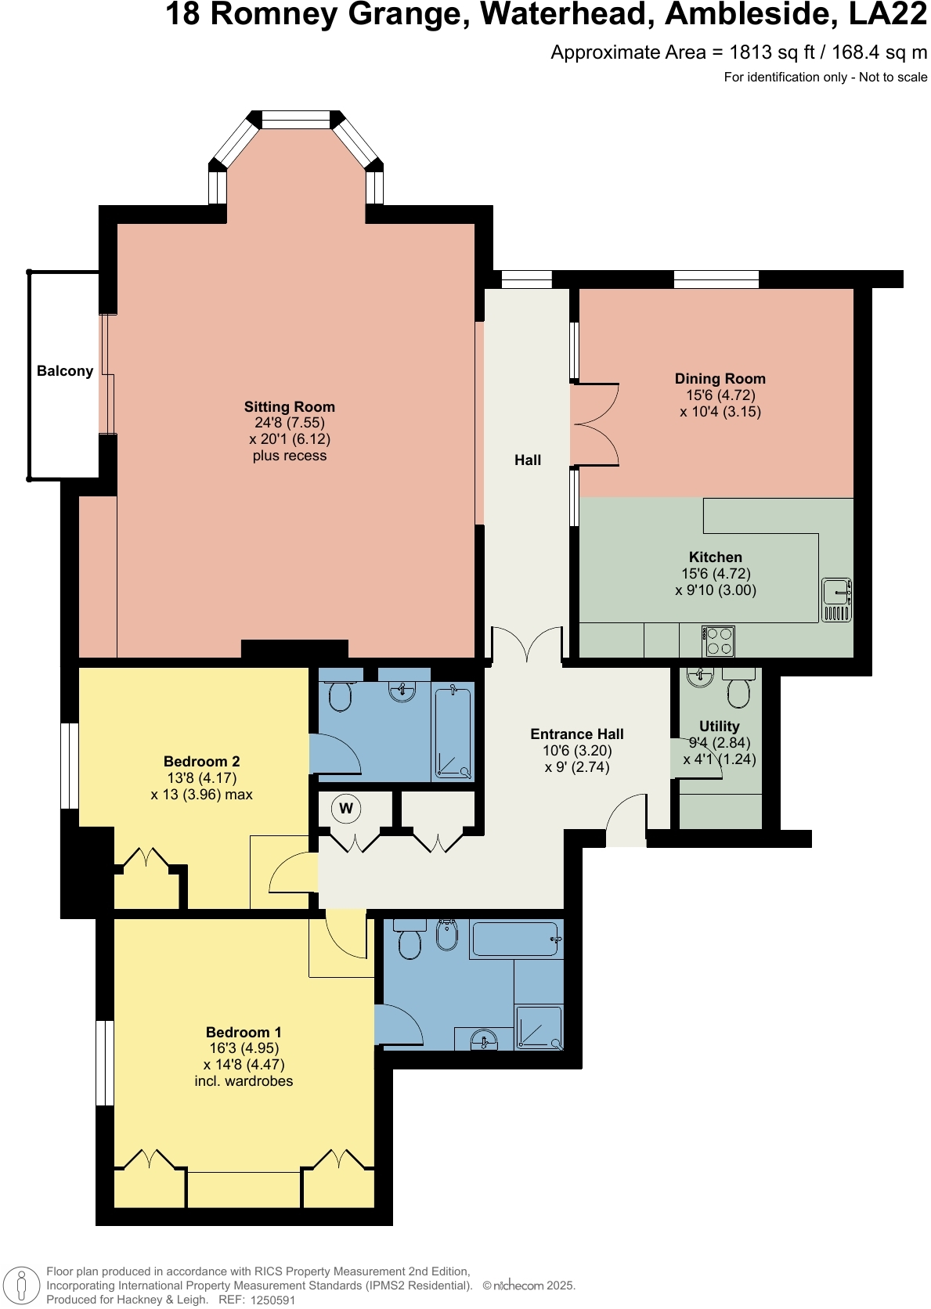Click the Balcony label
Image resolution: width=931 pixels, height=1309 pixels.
[x=65, y=371]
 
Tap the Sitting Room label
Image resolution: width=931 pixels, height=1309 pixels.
[x=289, y=406]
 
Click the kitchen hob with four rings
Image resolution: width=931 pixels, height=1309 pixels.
[x=718, y=641]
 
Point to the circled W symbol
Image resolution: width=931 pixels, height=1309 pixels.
[x=346, y=808]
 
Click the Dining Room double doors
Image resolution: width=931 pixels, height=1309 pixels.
[x=595, y=425]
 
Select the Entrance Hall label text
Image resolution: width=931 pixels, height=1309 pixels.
[x=577, y=734]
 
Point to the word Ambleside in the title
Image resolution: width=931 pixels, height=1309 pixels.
[x=752, y=14]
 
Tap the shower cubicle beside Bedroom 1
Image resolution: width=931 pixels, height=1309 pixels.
[x=539, y=1026]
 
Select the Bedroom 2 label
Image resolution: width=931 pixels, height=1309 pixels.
[x=202, y=761]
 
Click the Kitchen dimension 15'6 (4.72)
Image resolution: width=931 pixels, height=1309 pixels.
[x=716, y=574]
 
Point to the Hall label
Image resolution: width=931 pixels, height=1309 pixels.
[x=528, y=460]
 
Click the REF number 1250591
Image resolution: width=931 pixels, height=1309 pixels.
[x=272, y=1300]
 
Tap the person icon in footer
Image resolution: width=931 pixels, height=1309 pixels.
[x=22, y=1285]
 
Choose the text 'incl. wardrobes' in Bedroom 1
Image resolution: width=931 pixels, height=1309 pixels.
[x=244, y=1081]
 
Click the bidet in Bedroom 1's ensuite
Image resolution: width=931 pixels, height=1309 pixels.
[x=446, y=934]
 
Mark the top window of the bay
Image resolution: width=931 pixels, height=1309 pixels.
[x=296, y=120]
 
